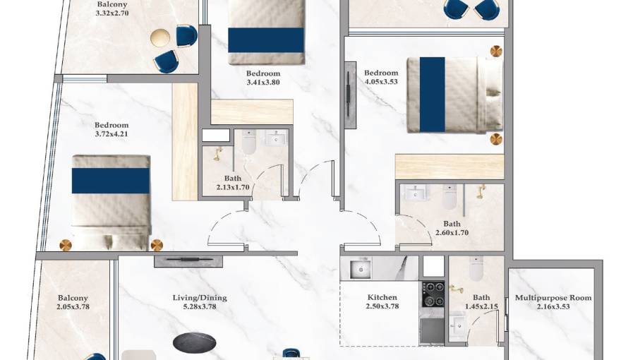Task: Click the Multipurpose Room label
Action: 553,297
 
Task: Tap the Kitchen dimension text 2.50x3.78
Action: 382,306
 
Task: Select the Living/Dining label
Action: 200,297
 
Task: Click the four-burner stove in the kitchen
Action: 433,294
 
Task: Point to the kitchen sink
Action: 361,270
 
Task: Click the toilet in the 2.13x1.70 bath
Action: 248,142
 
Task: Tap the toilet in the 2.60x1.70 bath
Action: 449,197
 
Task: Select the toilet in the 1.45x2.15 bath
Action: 476,268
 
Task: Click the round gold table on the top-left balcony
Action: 160,38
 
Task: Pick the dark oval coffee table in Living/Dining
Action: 195,343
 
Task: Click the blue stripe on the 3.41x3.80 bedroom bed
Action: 266,40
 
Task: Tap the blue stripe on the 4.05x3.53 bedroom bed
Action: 432,95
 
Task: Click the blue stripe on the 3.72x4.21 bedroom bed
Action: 111,181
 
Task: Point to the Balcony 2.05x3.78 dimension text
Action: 73,306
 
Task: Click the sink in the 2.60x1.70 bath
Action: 416,193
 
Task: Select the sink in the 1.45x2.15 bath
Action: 458,325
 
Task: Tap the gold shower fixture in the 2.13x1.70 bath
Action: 217,154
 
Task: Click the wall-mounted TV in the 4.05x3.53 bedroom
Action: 350,95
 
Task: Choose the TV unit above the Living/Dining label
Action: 188,261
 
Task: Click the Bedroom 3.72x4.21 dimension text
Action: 111,134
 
